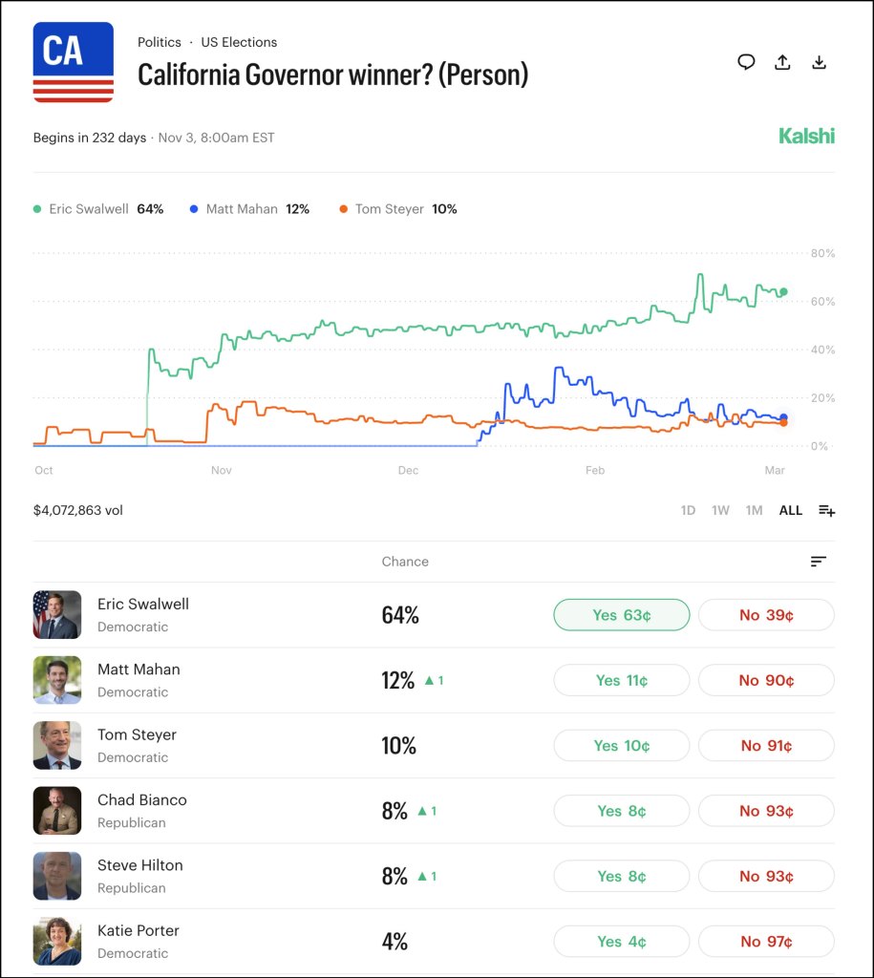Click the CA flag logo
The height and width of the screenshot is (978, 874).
pyautogui.click(x=74, y=62)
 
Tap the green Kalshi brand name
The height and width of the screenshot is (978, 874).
pyautogui.click(x=806, y=136)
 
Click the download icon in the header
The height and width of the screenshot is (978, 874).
pyautogui.click(x=819, y=63)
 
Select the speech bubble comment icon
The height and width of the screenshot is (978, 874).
pyautogui.click(x=746, y=62)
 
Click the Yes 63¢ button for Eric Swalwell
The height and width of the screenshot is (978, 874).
pyautogui.click(x=621, y=615)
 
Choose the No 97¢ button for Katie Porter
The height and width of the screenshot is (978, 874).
pyautogui.click(x=766, y=942)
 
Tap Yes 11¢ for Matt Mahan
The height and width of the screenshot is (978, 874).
pyautogui.click(x=621, y=680)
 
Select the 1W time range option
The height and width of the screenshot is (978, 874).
pyautogui.click(x=720, y=510)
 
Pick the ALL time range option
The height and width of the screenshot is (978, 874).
pyautogui.click(x=790, y=510)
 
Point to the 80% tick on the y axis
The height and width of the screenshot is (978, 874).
pyautogui.click(x=822, y=253)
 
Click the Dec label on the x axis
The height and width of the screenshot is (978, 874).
pyautogui.click(x=408, y=470)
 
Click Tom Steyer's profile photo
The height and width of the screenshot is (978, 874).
pyautogui.click(x=57, y=745)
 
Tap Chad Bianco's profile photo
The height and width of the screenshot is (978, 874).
pyautogui.click(x=57, y=810)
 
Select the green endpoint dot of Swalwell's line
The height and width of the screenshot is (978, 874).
pyautogui.click(x=784, y=292)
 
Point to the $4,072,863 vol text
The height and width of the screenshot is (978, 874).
pyautogui.click(x=78, y=510)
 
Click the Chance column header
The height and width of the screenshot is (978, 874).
pyautogui.click(x=405, y=562)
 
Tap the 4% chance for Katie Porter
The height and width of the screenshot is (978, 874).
pyautogui.click(x=394, y=942)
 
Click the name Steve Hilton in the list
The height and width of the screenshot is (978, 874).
pyautogui.click(x=140, y=865)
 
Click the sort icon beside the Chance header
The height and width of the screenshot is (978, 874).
pyautogui.click(x=818, y=562)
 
